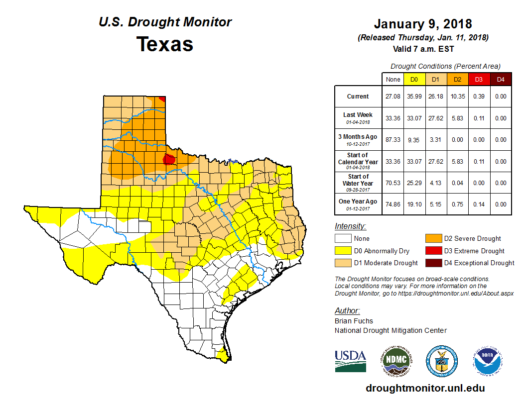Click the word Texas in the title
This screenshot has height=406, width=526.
pos(165,44)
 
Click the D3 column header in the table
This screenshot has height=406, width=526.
pos(479,79)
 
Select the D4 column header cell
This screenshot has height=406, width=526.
pos(501,79)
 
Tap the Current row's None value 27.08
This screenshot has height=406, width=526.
pos(393,97)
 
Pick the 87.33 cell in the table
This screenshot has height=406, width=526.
pos(393,140)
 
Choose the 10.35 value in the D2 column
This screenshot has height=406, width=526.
pos(457,97)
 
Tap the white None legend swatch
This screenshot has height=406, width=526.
pos(343,239)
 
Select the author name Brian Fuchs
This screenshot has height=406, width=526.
pos(354,321)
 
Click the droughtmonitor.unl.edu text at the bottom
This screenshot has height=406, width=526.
pos(425,388)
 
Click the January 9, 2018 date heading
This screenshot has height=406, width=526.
pos(423,24)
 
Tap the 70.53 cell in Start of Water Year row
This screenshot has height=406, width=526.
pos(393,183)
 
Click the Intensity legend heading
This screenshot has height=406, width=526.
pos(350,226)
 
